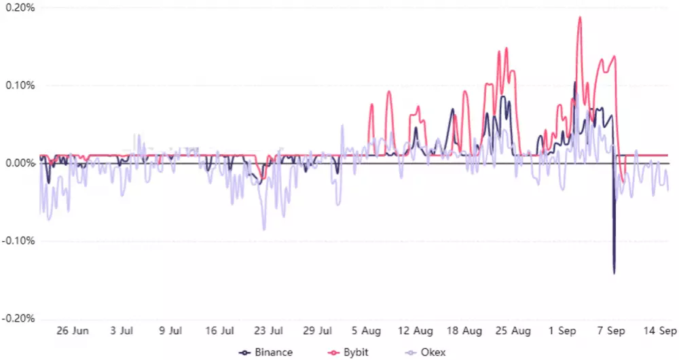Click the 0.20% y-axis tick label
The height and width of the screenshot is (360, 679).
coord(20,7)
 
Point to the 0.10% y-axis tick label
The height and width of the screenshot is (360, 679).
coord(20,86)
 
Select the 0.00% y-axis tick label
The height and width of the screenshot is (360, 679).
coord(20,163)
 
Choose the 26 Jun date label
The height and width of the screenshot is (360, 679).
coord(73,331)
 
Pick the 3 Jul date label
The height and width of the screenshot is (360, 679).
coord(121,331)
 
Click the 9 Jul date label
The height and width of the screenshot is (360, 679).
coord(170,331)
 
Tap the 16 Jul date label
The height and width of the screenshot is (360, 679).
coord(219,331)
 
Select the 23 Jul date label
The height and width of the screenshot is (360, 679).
coord(268,331)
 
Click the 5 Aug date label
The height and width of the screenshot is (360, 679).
coord(366,331)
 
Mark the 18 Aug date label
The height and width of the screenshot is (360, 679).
coord(464,331)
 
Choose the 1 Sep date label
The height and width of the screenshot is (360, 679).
coord(564,331)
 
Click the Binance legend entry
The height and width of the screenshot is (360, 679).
coord(267,352)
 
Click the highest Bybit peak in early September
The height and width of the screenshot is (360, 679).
coord(580,17)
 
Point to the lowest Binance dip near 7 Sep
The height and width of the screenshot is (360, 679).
coord(614,273)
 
